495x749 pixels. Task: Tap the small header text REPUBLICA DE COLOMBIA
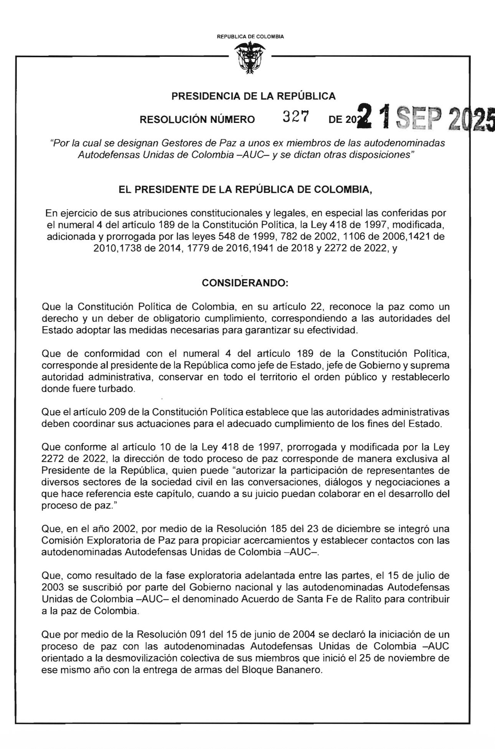point(250,37)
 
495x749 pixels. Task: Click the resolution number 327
point(296,117)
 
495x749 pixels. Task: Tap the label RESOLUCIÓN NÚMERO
point(197,120)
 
